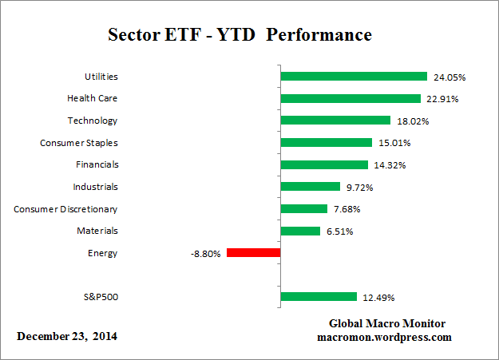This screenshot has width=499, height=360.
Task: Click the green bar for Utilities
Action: click(354, 77)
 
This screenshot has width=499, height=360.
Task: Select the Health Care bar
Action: click(350, 99)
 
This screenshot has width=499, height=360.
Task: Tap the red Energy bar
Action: click(253, 253)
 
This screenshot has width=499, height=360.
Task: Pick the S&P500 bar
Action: click(319, 297)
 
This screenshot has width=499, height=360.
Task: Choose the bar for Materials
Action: click(300, 231)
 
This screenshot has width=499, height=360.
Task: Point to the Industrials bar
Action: click(311, 187)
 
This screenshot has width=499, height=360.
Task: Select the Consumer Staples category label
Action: click(78, 143)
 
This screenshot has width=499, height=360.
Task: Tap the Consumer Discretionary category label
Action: click(65, 209)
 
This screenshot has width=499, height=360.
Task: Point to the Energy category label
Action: click(103, 253)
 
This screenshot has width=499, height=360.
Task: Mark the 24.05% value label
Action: click(449, 77)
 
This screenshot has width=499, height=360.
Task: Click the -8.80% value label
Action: click(204, 254)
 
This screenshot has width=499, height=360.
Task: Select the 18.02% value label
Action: click(413, 121)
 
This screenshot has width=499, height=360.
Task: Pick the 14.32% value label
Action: click(390, 165)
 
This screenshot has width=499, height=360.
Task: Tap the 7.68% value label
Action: click(350, 210)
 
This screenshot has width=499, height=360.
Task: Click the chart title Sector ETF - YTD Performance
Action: click(240, 36)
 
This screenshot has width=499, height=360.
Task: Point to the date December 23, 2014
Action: click(67, 336)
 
